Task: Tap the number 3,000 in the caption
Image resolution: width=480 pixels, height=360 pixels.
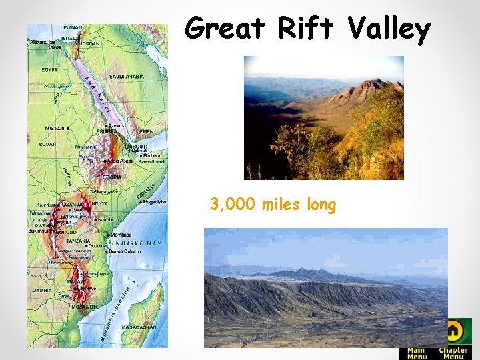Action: pos(233,204)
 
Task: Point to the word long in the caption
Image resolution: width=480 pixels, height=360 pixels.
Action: pos(321,205)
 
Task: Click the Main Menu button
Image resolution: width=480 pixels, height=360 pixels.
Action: pos(417,353)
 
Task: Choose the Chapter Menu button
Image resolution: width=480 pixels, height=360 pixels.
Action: pos(453,353)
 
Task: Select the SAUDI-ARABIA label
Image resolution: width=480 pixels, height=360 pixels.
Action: pos(127,77)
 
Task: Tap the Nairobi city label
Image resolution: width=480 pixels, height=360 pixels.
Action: pos(105,219)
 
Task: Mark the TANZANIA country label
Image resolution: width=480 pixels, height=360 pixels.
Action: pos(78,241)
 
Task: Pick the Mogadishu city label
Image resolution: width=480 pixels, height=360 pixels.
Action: pos(153,201)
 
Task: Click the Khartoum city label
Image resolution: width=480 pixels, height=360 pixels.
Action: pos(55,127)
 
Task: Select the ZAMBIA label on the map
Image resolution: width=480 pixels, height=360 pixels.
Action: pos(43,291)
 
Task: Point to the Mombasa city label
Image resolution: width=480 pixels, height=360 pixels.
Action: pos(121,235)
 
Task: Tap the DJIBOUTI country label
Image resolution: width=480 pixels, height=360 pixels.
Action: pos(136,145)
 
